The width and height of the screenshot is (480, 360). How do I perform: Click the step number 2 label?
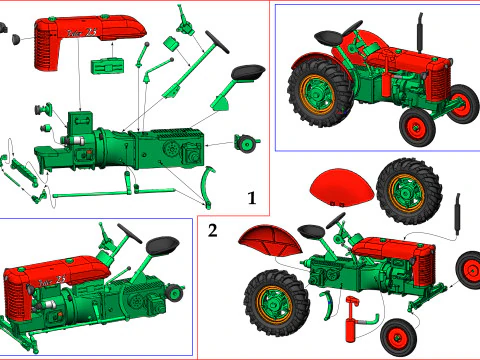212,231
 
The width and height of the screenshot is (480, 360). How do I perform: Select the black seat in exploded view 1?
247,72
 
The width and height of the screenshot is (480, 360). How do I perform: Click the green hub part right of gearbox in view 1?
243,139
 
